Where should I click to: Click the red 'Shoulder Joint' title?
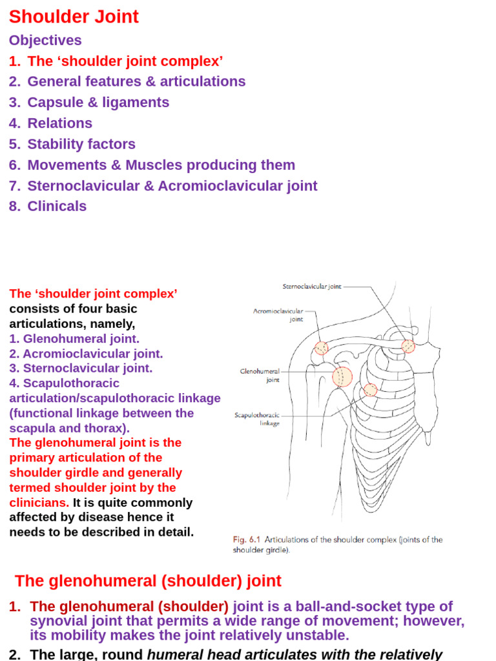[x=74, y=17]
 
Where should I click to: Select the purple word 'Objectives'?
[x=45, y=40]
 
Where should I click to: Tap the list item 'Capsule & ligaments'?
[x=98, y=102]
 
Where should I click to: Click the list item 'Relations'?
[x=59, y=123]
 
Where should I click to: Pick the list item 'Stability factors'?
[x=81, y=144]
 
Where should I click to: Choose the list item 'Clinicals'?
[x=57, y=206]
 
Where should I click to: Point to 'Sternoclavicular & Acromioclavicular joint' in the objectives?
[x=172, y=186]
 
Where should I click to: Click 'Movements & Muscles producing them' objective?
[x=161, y=165]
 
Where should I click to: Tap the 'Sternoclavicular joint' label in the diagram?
[x=311, y=287]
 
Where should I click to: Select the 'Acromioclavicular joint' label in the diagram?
[x=278, y=314]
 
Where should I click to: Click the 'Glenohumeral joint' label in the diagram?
[x=260, y=376]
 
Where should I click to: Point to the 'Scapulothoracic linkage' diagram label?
[x=257, y=419]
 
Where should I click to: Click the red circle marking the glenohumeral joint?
[x=342, y=376]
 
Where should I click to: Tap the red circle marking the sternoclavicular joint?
[x=408, y=346]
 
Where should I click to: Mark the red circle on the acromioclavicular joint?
[x=321, y=349]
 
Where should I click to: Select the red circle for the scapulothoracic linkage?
[x=370, y=390]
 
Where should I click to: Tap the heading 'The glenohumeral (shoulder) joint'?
[x=148, y=581]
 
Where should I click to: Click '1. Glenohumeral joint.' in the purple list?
[x=74, y=338]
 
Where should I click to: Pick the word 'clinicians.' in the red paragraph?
[x=39, y=502]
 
